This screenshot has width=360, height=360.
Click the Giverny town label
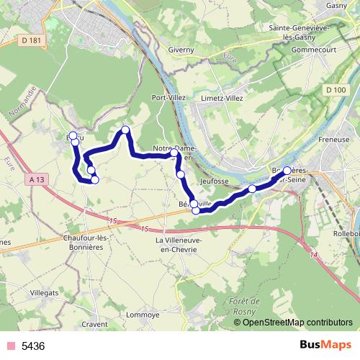[182, 50]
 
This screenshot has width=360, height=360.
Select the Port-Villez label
[169, 97]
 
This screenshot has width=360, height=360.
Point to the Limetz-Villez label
[221, 97]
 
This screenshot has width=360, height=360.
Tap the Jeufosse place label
[214, 173]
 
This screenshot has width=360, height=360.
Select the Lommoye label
[143, 314]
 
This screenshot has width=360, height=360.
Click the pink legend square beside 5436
[10, 346]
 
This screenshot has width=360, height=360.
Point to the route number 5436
[33, 346]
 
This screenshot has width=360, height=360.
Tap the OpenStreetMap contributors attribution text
[297, 322]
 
